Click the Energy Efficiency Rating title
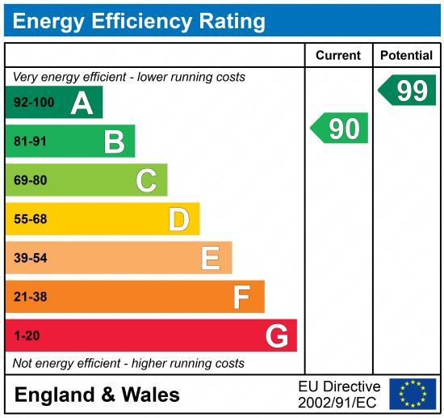pos(139,21)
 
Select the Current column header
pos(337,56)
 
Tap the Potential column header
pos(406,56)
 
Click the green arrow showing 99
pos(408,91)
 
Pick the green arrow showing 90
pos(341,129)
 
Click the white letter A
pos(82,103)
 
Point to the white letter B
pos(114,142)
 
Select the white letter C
pos(146,180)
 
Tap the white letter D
pos(178,219)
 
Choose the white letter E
pos(210,258)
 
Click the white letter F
pos(241,298)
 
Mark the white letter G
pos(276,336)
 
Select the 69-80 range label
pos(31,181)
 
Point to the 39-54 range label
pos(31,259)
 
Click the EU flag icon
pos(413,394)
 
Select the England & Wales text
pos(97,395)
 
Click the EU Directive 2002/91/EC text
pos(339,395)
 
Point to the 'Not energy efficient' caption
pos(128,364)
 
